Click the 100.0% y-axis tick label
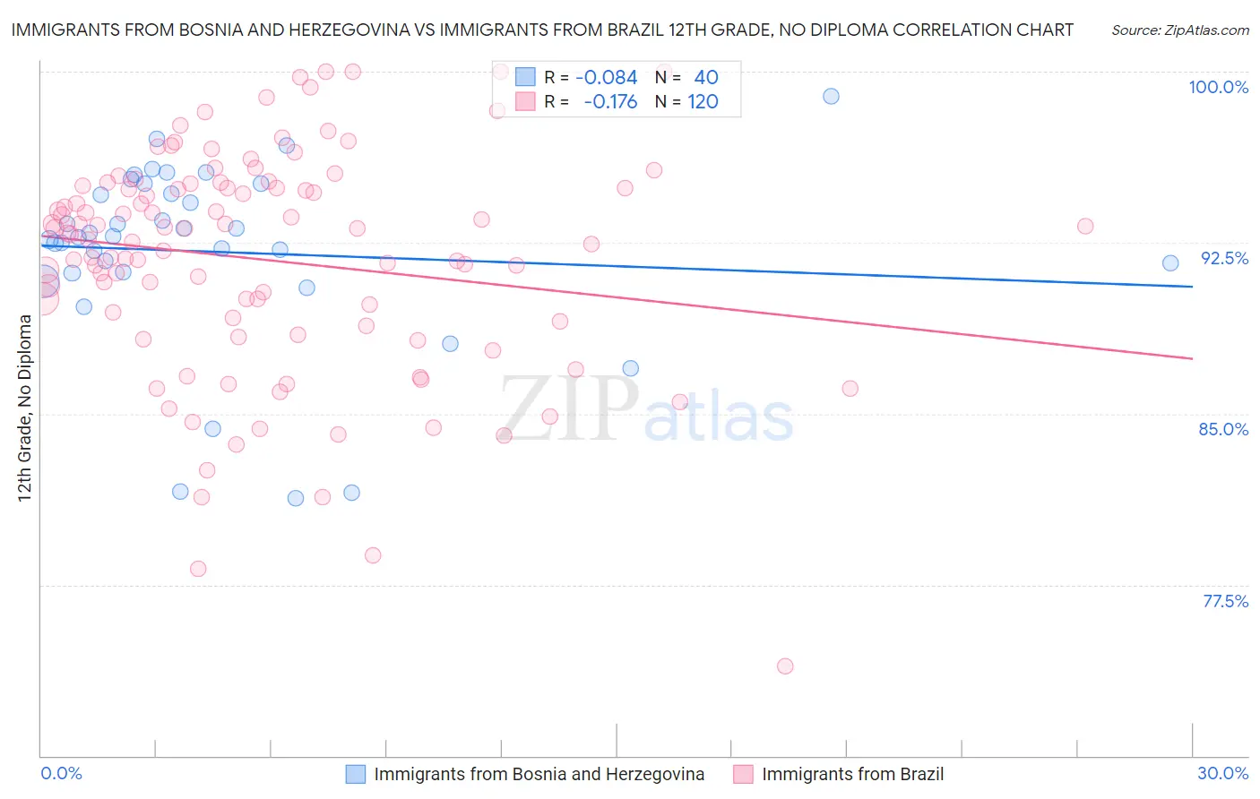pyautogui.click(x=1218, y=87)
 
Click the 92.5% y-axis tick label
pyautogui.click(x=1224, y=258)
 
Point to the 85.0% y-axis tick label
pyautogui.click(x=1223, y=429)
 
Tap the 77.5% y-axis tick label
pyautogui.click(x=1225, y=601)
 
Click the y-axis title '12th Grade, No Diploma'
pyautogui.click(x=24, y=408)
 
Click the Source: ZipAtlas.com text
pyautogui.click(x=1179, y=30)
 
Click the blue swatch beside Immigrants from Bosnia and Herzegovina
pyautogui.click(x=356, y=775)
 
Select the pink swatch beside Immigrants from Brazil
pyautogui.click(x=743, y=775)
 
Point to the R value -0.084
pyautogui.click(x=607, y=78)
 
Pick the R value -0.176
pyautogui.click(x=610, y=102)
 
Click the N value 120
pyautogui.click(x=703, y=102)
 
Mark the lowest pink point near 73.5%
pyautogui.click(x=785, y=666)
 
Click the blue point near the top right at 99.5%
pyautogui.click(x=831, y=96)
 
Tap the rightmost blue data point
pyautogui.click(x=1170, y=262)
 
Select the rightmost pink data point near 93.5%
pyautogui.click(x=1085, y=226)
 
